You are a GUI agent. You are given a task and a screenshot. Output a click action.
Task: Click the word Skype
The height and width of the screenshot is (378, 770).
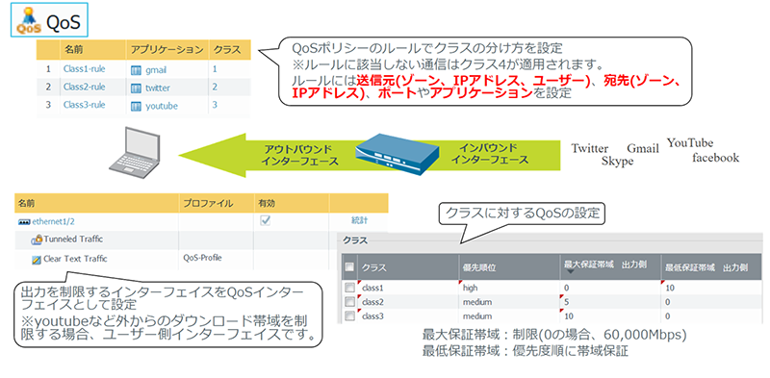click(x=618, y=163)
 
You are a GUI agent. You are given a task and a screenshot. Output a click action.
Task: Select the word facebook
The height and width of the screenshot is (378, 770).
click(x=714, y=158)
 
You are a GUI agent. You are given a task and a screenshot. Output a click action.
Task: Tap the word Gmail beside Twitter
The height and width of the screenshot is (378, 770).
click(x=642, y=149)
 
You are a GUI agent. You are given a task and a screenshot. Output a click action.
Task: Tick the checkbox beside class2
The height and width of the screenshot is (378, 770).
click(x=348, y=301)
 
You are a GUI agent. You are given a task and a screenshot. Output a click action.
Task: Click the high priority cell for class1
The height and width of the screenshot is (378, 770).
click(x=470, y=288)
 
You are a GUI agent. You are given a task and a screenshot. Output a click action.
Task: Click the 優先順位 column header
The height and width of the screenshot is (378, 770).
click(x=482, y=266)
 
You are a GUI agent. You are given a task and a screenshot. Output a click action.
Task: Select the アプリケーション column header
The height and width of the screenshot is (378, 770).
click(x=167, y=48)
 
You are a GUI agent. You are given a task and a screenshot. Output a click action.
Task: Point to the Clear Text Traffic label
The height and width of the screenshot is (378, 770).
click(x=75, y=259)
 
